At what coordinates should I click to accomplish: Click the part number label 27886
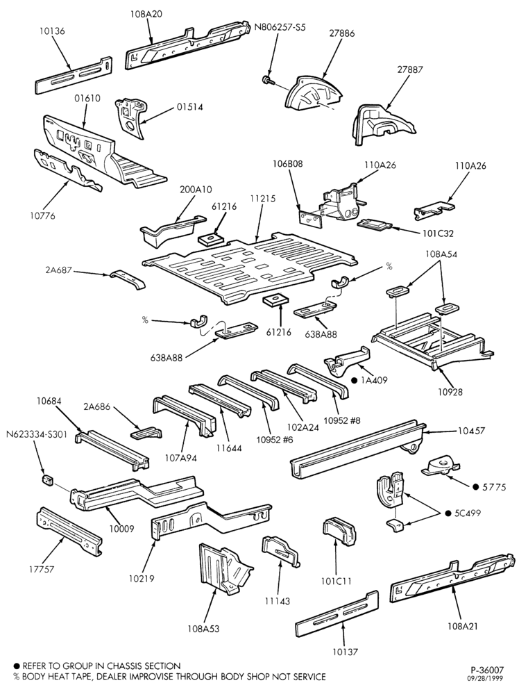coord(341,33)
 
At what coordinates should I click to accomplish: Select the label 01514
coord(189,107)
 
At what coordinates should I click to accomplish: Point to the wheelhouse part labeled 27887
coord(383,124)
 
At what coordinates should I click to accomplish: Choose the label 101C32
coord(438,233)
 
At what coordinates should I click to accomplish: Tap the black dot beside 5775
coord(475,487)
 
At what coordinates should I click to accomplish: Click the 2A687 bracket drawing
coord(127,279)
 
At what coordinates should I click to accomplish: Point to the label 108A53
coord(203,629)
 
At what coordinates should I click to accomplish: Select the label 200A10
coord(196,190)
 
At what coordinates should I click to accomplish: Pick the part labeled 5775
coord(442,467)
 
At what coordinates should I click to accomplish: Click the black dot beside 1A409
coord(354,380)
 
